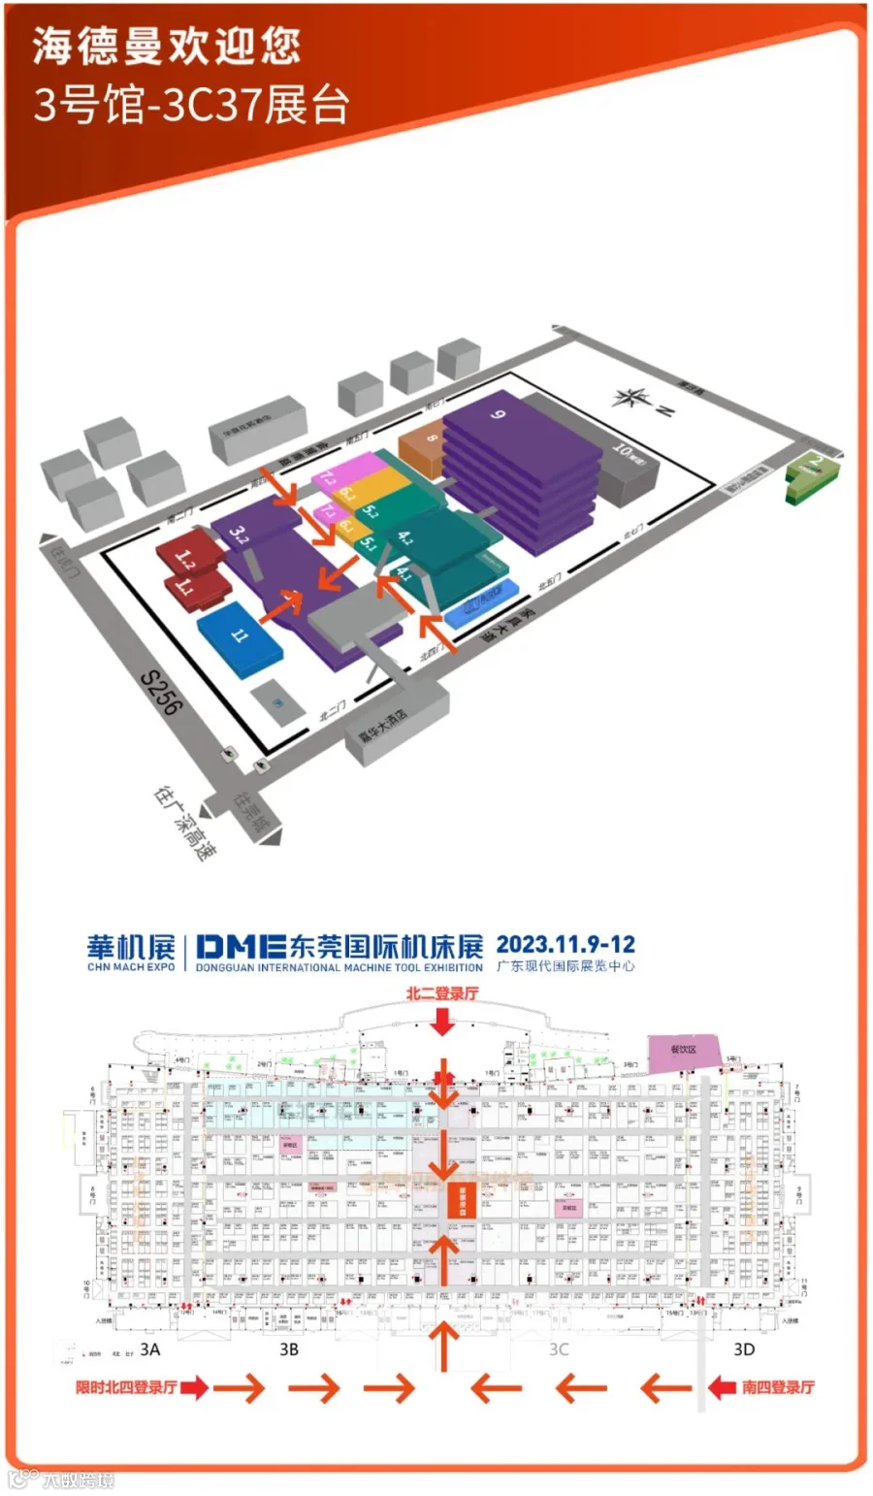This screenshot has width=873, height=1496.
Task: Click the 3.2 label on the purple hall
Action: (240, 532)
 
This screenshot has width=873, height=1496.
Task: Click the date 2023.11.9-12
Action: (566, 943)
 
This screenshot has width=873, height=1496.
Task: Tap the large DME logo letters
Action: (241, 946)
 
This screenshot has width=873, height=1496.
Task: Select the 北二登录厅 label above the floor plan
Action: (442, 992)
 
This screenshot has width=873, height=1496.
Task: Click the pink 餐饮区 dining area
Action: (684, 1052)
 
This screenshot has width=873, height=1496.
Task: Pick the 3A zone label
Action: (150, 1349)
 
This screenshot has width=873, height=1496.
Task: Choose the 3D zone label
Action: (743, 1349)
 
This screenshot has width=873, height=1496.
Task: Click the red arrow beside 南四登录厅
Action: (722, 1387)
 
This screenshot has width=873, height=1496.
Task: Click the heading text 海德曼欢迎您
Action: (167, 46)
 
